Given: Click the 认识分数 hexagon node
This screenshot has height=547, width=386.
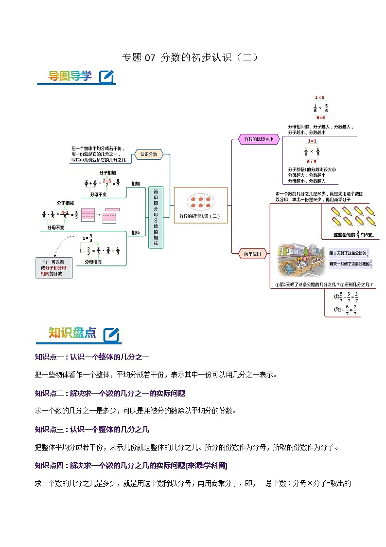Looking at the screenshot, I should click(148, 154).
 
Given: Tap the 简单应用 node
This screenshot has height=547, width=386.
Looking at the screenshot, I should click(252, 253).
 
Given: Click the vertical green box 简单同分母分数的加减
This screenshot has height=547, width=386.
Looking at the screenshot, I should click(156, 217).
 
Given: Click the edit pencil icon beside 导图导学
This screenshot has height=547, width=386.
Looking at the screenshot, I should click(106, 76).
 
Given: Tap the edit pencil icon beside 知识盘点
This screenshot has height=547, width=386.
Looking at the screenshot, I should click(111, 334).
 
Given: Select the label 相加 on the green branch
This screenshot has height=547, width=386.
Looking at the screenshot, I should click(135, 184).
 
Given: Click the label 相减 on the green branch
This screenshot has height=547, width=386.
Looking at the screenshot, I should click(135, 233).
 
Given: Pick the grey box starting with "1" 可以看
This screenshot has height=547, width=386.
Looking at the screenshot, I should click(54, 268).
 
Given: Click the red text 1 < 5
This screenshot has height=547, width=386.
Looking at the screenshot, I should click(319, 97).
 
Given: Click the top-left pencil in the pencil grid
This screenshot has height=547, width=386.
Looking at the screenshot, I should click(335, 212).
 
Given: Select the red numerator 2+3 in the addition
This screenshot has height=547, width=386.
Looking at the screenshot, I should click(107, 181).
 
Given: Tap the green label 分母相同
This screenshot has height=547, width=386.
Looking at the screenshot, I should click(93, 262).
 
